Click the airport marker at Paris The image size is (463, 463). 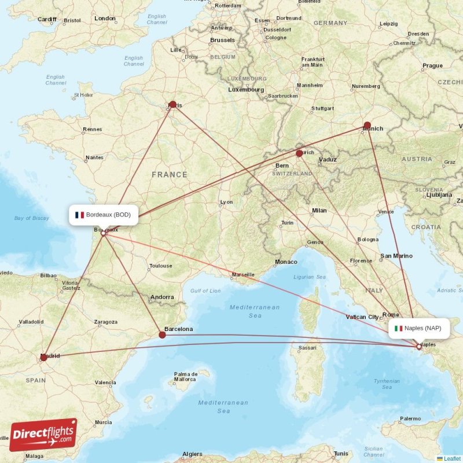(x=172, y=105)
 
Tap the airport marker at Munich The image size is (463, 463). (x=367, y=125)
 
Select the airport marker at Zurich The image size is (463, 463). (x=299, y=153)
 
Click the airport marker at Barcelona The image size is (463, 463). (x=162, y=335)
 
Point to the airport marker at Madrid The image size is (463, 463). (x=44, y=358)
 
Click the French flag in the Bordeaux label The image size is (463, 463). (x=79, y=215)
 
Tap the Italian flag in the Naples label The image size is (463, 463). (x=398, y=328)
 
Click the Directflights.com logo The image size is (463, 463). (x=43, y=435)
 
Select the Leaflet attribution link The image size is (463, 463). (x=452, y=458)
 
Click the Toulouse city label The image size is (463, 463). (x=160, y=266)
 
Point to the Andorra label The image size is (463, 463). (x=161, y=297)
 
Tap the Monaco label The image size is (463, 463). (x=286, y=262)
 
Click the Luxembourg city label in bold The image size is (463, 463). (x=246, y=90)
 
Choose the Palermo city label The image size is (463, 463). (x=410, y=418)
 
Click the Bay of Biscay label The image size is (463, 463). (x=32, y=218)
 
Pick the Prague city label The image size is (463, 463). (x=432, y=66)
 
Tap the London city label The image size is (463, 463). (x=105, y=19)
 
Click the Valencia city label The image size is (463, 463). (x=105, y=383)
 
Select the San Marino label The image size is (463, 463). (x=396, y=256)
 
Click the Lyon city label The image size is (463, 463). (x=226, y=202)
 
